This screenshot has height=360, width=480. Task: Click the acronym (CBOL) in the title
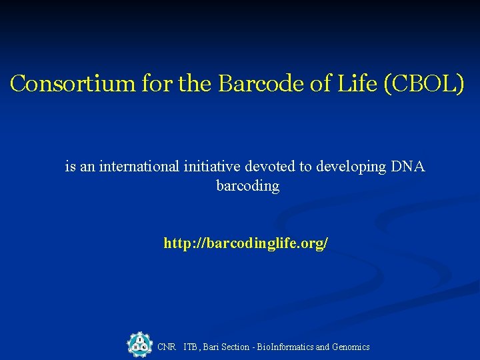tap(420, 84)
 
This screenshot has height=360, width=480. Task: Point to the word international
tap(139, 167)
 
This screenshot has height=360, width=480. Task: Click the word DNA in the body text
tap(408, 167)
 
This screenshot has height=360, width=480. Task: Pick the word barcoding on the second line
tap(248, 186)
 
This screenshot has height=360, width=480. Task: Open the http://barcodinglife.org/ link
tap(245, 244)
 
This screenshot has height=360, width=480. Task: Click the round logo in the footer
tap(139, 345)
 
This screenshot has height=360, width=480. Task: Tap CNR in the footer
tap(166, 347)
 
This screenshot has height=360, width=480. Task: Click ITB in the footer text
tap(191, 347)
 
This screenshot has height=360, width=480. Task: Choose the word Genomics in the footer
tap(351, 347)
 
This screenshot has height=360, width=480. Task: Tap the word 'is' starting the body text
tap(70, 167)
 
